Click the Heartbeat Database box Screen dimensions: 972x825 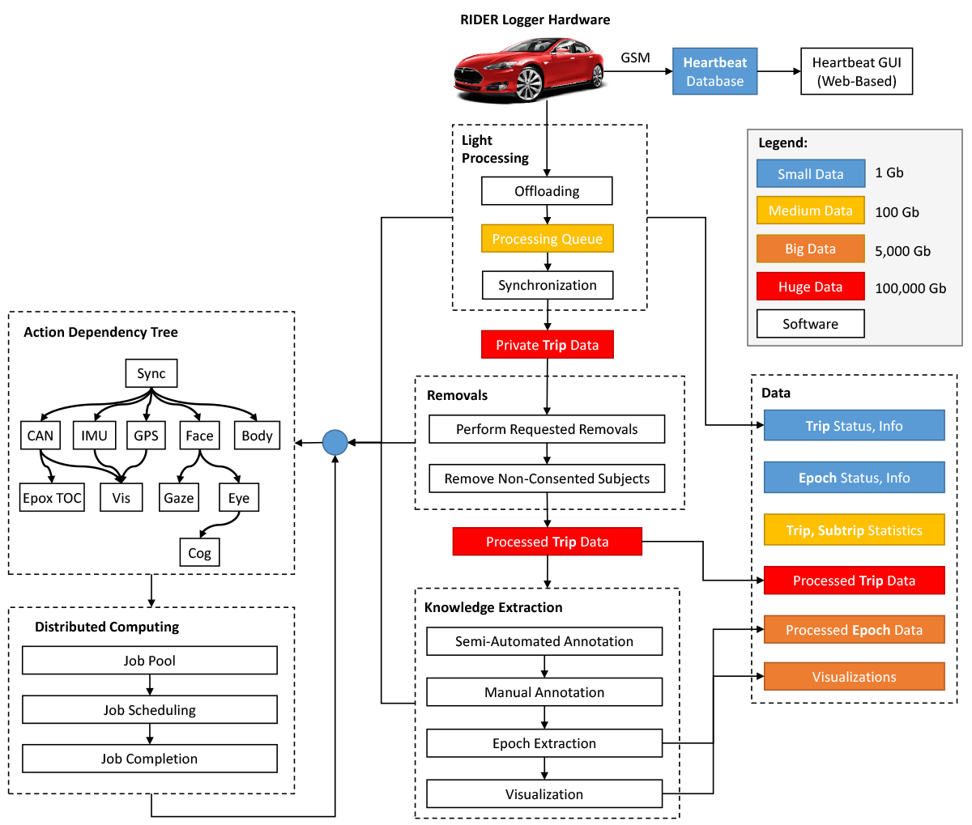click(x=714, y=71)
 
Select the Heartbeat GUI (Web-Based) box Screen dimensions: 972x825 click(x=856, y=71)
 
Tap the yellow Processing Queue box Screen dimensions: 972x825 click(x=547, y=238)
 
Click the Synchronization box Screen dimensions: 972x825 click(x=548, y=285)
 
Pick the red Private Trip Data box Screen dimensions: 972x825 click(x=547, y=345)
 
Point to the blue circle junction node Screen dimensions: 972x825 click(x=335, y=442)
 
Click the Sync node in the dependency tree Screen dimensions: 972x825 click(x=151, y=373)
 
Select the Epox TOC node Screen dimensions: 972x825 click(x=52, y=497)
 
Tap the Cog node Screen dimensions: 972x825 click(x=199, y=552)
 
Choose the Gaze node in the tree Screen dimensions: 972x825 click(x=179, y=497)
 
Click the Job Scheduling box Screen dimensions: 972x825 click(x=150, y=709)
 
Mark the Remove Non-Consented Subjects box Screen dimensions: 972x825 click(x=547, y=478)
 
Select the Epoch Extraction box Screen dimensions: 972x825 click(x=544, y=743)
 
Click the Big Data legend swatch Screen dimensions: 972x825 click(x=810, y=249)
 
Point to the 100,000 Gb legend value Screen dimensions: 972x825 click(x=910, y=288)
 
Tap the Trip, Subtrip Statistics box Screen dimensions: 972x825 click(x=854, y=529)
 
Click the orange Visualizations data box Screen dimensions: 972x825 click(x=854, y=677)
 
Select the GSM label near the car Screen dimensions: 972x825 click(x=635, y=57)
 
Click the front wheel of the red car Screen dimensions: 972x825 click(x=530, y=83)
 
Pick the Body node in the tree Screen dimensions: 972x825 click(x=257, y=436)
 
